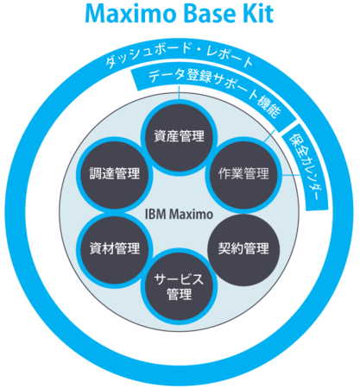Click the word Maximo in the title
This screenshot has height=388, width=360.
pos(130,14)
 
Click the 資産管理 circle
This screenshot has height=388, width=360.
pos(179,137)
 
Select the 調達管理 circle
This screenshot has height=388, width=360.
pos(115,174)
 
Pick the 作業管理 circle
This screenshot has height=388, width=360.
pos(243,174)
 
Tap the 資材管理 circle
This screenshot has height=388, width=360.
pos(115,249)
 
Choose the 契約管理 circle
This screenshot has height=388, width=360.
pos(243,249)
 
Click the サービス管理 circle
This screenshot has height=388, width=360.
pos(179,286)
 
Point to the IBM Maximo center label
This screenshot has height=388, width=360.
pos(179,215)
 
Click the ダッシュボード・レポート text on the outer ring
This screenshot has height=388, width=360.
pos(179,56)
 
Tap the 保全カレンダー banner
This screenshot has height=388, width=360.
pos(306,166)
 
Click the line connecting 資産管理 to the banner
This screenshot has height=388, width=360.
pos(179,92)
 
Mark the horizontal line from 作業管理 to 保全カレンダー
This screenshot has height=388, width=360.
pos(291,174)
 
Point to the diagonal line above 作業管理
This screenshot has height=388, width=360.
pos(268,136)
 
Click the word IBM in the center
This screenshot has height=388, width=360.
pos(155,215)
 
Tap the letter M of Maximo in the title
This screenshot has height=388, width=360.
pos(96,14)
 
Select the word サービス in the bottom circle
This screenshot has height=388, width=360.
pos(179,279)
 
